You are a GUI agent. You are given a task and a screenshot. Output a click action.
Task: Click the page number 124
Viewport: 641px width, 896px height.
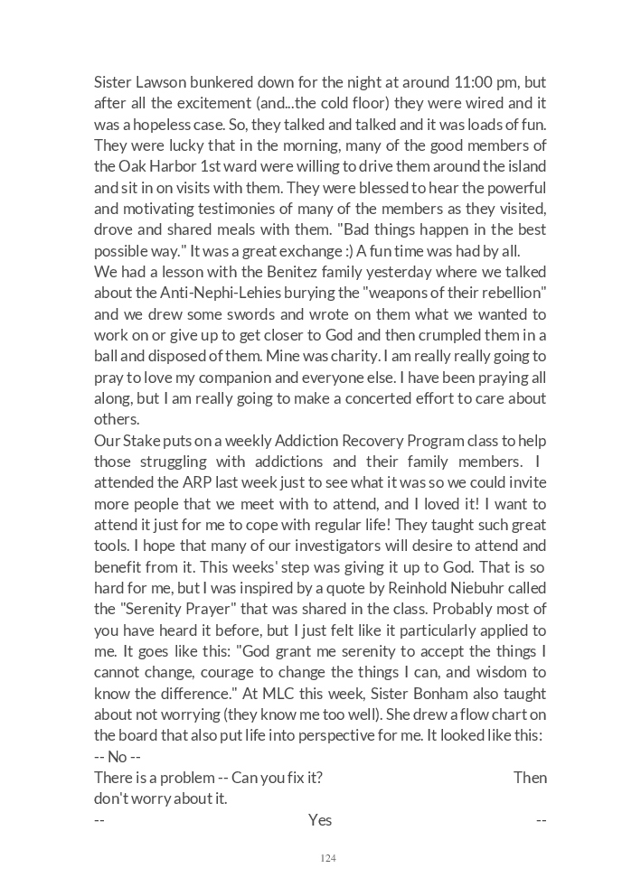(x=328, y=858)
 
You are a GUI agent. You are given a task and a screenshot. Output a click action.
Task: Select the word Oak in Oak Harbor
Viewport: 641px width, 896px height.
(x=132, y=166)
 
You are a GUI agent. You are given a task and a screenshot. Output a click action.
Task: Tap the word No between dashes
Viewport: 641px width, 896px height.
(x=118, y=757)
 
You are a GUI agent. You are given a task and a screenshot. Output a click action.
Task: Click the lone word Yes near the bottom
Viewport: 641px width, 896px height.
(x=320, y=820)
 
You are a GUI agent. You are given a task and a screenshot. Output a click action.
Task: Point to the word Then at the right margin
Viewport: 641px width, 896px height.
(x=530, y=778)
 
